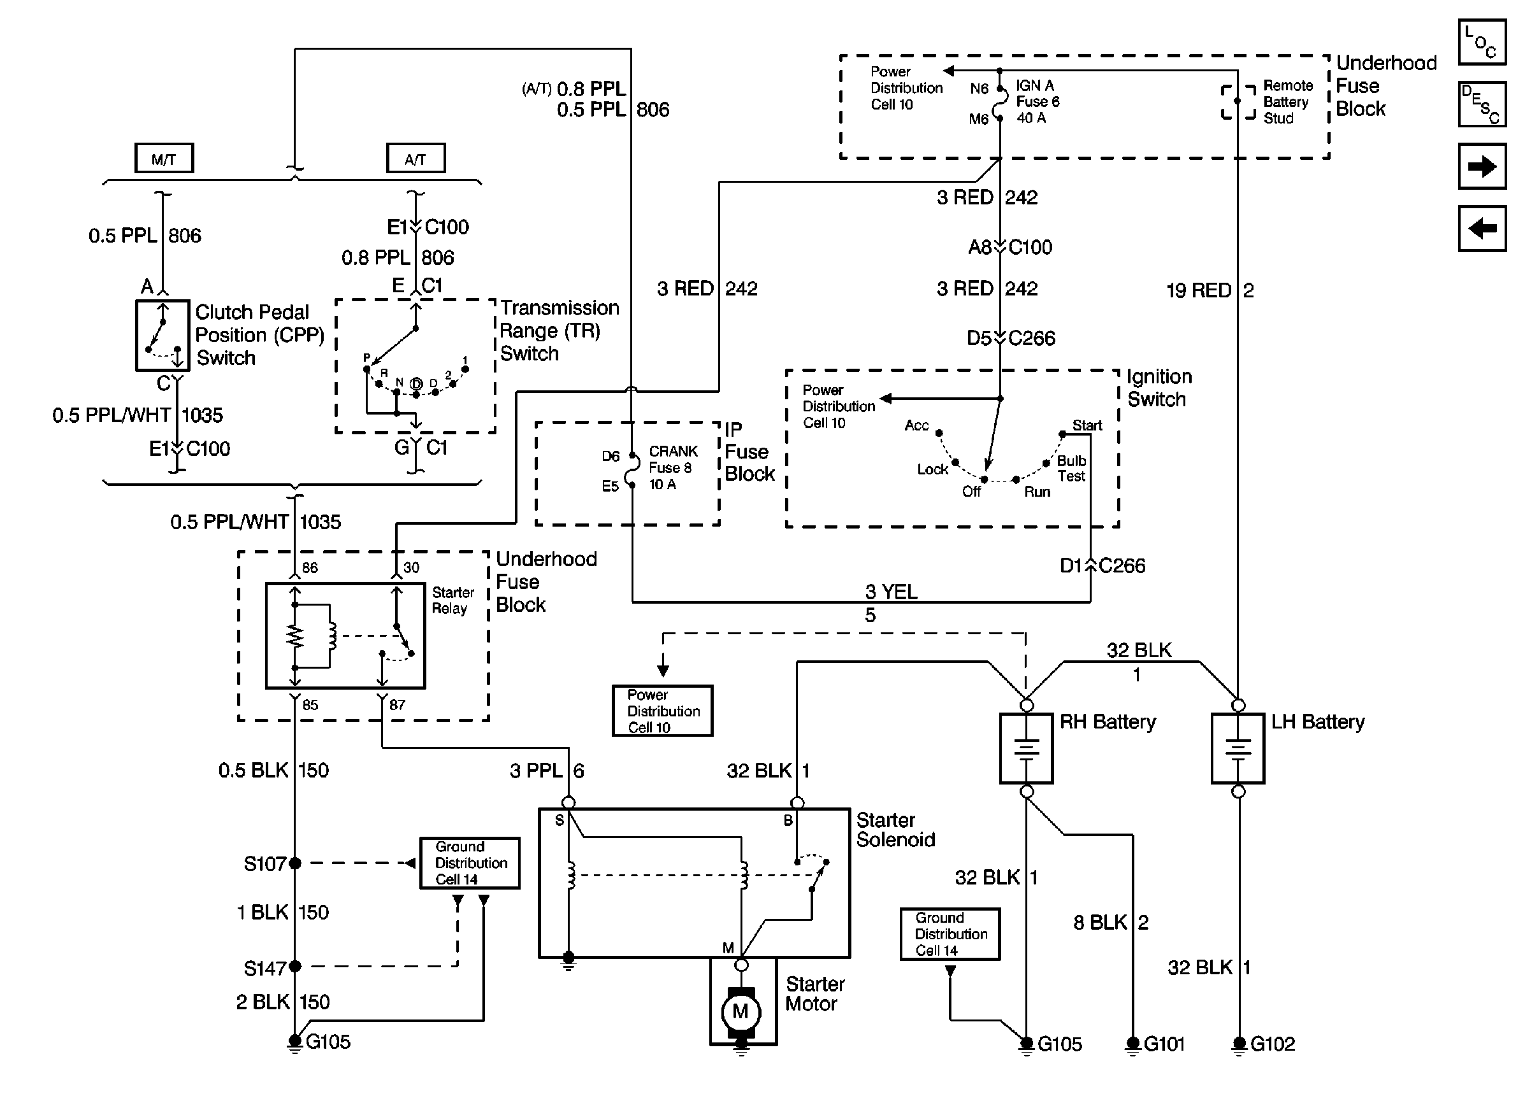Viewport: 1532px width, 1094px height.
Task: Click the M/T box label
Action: tap(164, 159)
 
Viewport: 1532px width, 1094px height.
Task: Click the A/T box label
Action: tap(416, 159)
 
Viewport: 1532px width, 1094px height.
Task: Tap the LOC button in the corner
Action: tap(1482, 43)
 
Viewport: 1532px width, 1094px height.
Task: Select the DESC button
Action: tap(1482, 104)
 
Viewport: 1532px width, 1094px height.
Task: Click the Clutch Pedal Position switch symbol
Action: tap(163, 335)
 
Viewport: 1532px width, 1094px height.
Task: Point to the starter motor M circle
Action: tap(740, 1011)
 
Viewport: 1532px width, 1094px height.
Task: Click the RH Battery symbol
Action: tap(1026, 748)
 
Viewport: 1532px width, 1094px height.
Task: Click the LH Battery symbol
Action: tap(1238, 748)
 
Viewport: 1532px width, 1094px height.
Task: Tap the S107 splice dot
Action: tap(294, 863)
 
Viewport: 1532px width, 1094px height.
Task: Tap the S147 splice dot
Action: tap(294, 967)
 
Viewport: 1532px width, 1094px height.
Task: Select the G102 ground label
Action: tap(1273, 1044)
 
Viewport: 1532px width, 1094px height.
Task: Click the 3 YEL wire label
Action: tap(891, 592)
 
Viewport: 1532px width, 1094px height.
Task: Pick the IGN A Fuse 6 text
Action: tap(1037, 102)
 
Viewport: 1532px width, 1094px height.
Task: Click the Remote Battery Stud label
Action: tap(1287, 102)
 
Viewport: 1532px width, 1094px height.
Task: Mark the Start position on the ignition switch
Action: tap(1087, 426)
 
